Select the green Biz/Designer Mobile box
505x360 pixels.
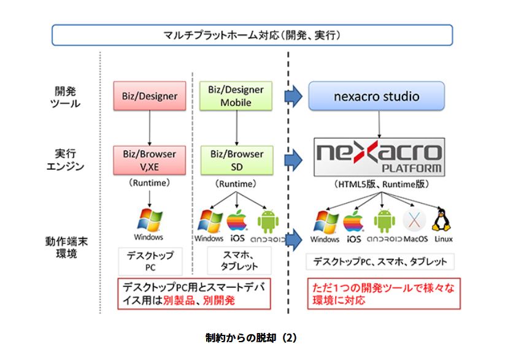pos(236,96)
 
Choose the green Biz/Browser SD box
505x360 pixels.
pos(236,160)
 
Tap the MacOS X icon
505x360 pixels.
pos(414,221)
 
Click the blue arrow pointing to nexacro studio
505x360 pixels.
pos(294,96)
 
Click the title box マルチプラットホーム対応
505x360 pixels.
pos(252,36)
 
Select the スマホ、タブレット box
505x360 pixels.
pos(236,261)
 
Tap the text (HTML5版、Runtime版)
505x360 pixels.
pos(380,183)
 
